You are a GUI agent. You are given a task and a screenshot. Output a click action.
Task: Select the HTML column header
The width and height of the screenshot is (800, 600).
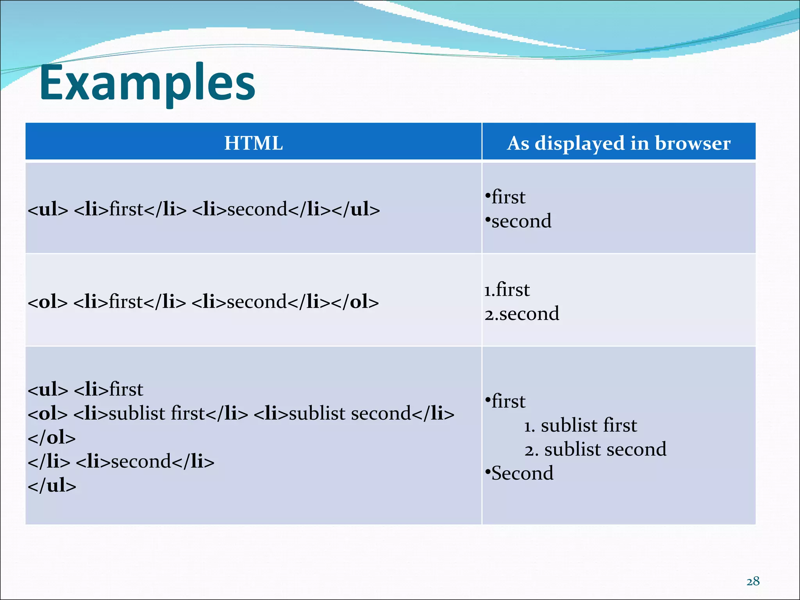click(254, 143)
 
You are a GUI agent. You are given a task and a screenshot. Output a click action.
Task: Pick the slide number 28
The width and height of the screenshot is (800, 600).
click(753, 582)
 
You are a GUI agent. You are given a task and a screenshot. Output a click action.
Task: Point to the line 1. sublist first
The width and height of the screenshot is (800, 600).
click(580, 425)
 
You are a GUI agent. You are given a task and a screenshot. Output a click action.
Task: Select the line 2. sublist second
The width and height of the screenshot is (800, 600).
click(595, 450)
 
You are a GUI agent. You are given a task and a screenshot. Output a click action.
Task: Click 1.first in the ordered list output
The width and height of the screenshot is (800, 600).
click(507, 290)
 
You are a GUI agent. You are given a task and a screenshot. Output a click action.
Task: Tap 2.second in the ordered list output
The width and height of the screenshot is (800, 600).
click(522, 314)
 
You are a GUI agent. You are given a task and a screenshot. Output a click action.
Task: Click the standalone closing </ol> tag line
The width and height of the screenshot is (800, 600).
click(52, 438)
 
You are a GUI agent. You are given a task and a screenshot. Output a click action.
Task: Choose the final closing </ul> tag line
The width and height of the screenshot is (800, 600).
click(52, 486)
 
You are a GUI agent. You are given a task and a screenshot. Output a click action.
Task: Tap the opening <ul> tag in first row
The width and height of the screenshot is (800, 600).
click(48, 210)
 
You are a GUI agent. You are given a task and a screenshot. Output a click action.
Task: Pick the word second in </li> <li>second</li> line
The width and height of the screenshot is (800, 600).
click(141, 462)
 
